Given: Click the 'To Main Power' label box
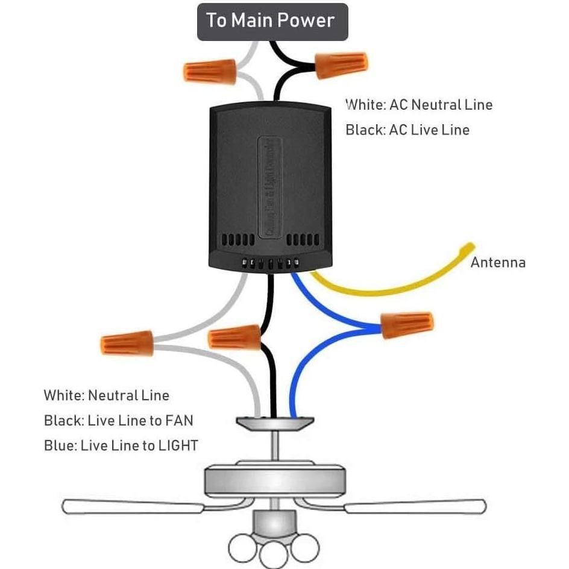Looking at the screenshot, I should click(x=272, y=22).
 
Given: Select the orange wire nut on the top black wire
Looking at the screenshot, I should click(x=341, y=63).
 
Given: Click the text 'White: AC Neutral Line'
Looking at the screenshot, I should click(x=419, y=105).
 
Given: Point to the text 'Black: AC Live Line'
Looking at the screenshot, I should click(x=407, y=130).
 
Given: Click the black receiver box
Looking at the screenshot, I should click(x=269, y=181).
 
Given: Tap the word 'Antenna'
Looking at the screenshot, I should click(x=498, y=263).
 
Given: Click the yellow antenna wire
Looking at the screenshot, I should click(x=386, y=288).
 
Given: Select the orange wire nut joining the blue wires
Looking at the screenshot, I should click(x=407, y=325).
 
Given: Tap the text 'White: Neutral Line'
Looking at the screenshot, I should click(x=106, y=396).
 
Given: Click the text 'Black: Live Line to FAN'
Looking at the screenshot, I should click(x=118, y=421).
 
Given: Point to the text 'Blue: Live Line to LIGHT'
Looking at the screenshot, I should click(x=121, y=446).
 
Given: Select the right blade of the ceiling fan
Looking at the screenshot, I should click(x=416, y=506).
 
